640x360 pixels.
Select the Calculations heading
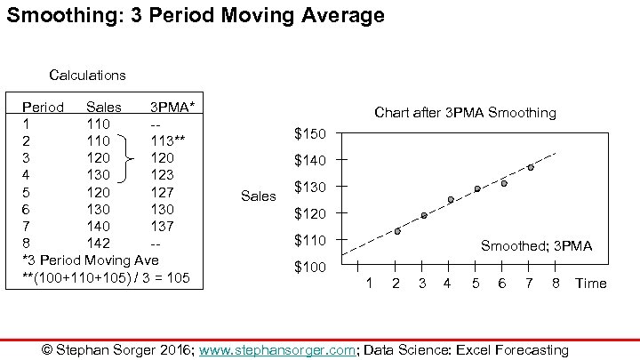tap(87, 76)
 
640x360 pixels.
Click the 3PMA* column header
tap(173, 107)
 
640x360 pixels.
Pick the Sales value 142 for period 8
tap(98, 243)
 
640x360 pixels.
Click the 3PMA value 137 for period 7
tap(163, 226)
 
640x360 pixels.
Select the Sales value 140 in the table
tap(98, 226)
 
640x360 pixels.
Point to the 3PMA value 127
tap(163, 192)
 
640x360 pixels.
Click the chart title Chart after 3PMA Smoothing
tap(465, 113)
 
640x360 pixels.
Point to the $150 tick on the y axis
tap(310, 134)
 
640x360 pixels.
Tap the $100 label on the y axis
tap(310, 268)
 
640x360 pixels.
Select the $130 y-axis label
tap(310, 188)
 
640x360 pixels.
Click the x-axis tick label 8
tap(555, 284)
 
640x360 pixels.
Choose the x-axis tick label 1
tap(369, 284)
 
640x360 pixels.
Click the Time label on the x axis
tap(590, 284)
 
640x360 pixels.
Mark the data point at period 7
tap(531, 167)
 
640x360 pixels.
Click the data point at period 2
tap(396, 231)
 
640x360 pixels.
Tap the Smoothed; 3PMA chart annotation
tap(536, 246)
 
